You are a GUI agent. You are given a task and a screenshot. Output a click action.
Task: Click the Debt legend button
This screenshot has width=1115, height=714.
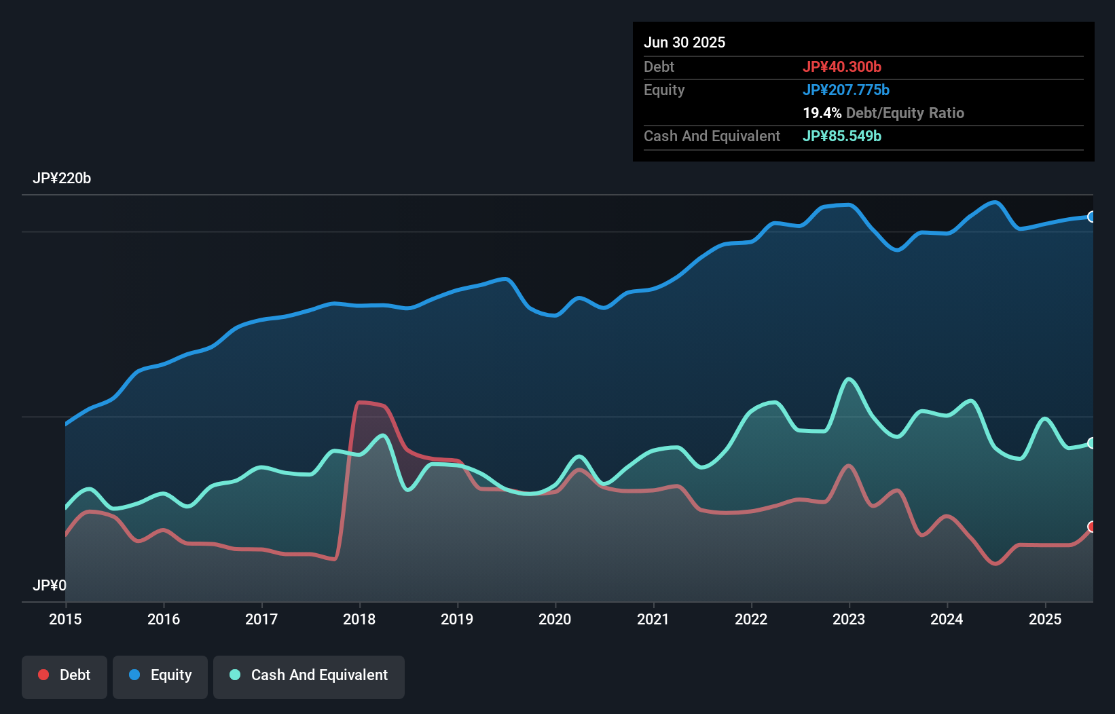(65, 675)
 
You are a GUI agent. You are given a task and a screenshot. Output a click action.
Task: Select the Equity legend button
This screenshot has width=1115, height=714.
(160, 675)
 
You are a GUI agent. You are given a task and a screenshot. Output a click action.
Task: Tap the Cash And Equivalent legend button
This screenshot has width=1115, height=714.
(309, 675)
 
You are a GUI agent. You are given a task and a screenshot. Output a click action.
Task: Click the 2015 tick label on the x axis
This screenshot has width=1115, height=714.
(65, 619)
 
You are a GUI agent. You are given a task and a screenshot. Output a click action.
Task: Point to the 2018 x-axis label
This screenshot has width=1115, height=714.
(359, 619)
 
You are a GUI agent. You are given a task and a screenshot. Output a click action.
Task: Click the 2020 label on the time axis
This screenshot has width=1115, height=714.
(555, 619)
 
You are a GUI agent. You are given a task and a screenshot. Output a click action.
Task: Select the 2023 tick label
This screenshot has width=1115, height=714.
(849, 619)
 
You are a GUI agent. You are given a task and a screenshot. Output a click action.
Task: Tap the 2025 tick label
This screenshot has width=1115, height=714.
(1045, 619)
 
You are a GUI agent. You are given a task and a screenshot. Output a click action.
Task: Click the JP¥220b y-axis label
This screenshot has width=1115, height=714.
(62, 178)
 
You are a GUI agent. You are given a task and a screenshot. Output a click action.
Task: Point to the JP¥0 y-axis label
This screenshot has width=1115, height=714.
(50, 585)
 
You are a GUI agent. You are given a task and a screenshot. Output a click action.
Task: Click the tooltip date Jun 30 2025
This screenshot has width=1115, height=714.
(684, 42)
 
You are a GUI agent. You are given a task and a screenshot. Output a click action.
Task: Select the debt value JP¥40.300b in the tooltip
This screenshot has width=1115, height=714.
(842, 67)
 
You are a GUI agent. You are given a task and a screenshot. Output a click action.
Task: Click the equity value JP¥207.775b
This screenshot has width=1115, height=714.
(846, 90)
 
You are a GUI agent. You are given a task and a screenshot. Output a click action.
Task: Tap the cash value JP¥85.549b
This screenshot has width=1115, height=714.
(842, 136)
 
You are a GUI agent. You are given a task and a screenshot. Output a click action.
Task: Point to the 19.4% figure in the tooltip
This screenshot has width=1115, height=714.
(822, 113)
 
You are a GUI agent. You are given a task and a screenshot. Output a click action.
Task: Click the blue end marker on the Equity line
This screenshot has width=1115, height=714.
(1092, 217)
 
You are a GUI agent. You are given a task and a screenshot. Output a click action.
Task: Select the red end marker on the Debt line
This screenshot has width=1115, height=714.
(1092, 527)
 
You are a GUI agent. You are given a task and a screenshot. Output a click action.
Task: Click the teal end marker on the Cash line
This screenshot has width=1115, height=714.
(1092, 443)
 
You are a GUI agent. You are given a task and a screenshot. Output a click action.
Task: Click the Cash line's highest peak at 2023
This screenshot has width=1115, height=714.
(849, 379)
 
